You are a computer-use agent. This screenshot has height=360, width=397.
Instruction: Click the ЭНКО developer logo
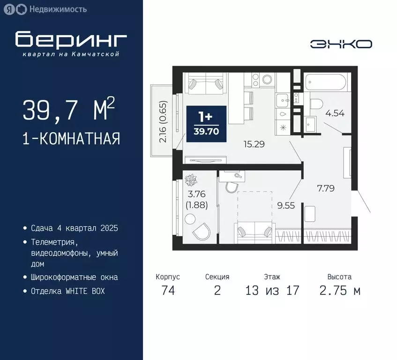tap(341, 44)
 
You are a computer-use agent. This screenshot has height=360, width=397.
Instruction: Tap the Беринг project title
tap(71, 40)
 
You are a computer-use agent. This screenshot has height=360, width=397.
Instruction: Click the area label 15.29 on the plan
tap(254, 144)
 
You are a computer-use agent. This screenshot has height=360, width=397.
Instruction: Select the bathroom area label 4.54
tap(335, 112)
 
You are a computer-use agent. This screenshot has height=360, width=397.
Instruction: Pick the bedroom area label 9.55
tap(286, 205)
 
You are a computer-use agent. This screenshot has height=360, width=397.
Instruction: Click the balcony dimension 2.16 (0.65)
tap(163, 121)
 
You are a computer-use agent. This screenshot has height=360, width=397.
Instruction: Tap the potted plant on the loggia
tap(191, 179)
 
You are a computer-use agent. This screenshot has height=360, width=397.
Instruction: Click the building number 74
tap(168, 291)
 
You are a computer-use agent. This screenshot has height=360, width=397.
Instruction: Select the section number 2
tap(217, 291)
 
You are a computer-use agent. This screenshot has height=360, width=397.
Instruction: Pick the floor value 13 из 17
tap(272, 291)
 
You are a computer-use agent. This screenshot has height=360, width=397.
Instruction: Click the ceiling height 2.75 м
tap(340, 291)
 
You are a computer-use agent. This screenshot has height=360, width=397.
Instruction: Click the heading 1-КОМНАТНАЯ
tap(71, 139)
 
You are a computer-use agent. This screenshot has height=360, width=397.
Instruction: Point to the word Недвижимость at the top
tap(58, 9)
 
